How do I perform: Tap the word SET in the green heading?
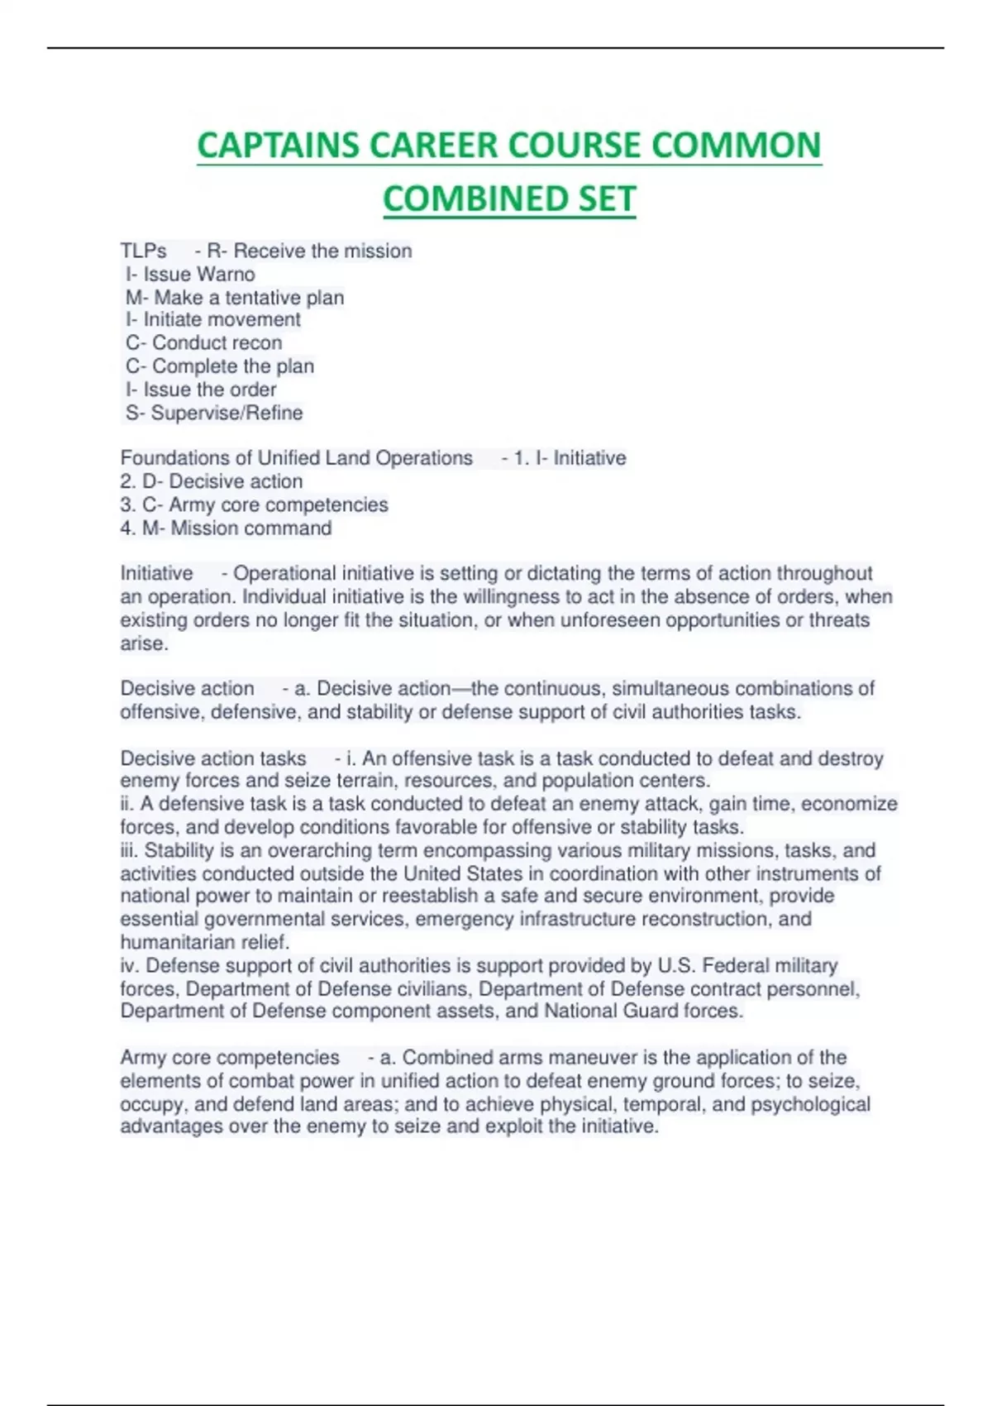tap(601, 199)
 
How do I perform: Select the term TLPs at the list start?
tap(143, 251)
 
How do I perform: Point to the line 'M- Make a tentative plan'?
tap(235, 297)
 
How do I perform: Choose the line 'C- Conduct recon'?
tap(204, 342)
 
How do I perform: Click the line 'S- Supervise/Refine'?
tap(214, 412)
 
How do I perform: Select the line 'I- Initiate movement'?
tap(212, 319)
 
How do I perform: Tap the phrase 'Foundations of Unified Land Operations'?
tap(296, 457)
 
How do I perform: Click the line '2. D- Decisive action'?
tap(212, 481)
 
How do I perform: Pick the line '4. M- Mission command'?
tap(226, 528)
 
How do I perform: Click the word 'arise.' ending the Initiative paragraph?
tap(144, 643)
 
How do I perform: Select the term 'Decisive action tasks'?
tap(213, 758)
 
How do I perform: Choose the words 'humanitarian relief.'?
tap(205, 942)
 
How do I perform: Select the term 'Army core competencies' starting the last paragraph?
tap(230, 1057)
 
